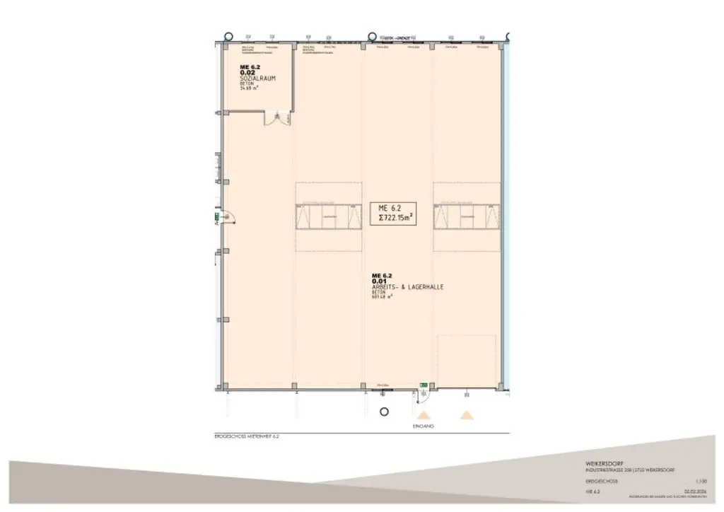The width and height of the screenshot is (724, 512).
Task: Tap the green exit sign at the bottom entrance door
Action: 423,385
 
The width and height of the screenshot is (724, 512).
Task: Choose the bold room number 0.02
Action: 247,72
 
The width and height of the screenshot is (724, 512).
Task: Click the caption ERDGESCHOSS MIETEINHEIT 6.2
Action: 250,436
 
